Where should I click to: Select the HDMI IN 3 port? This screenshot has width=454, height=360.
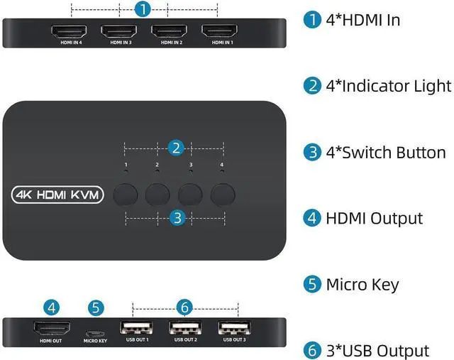118,31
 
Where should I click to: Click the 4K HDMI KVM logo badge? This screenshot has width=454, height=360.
58,194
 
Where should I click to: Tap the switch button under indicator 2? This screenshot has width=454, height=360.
158,194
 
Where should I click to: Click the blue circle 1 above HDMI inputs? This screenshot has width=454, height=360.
143,10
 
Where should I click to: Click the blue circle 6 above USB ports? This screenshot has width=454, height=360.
184,307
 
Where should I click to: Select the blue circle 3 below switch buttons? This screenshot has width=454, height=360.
177,217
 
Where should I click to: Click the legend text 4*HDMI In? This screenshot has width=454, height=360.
362,20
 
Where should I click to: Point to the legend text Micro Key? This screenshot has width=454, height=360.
362,285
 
